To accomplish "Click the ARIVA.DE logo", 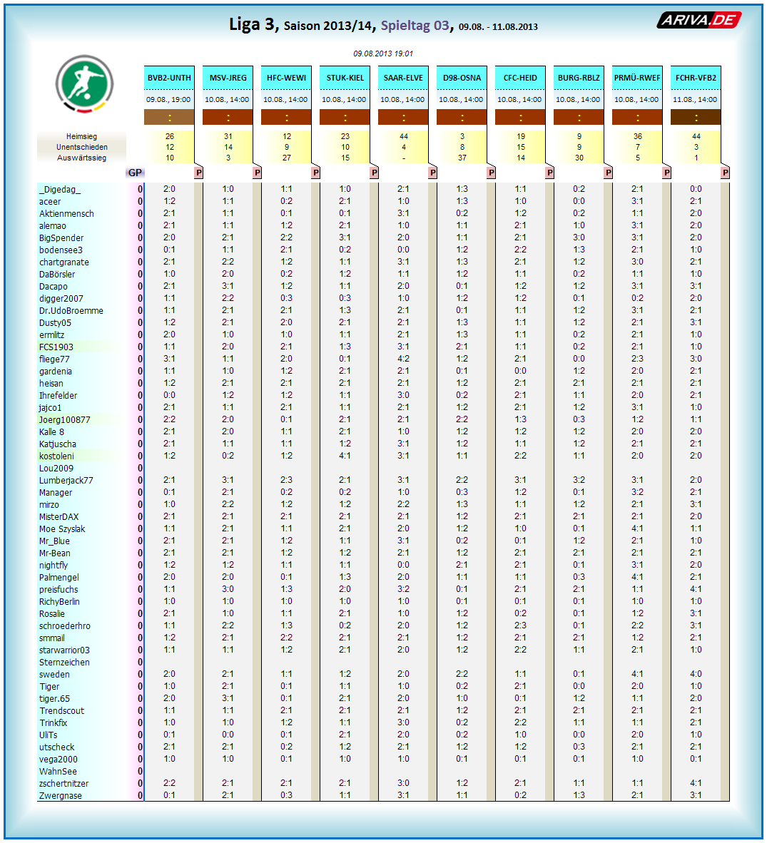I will tap(699, 20).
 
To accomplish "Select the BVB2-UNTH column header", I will tap(169, 78).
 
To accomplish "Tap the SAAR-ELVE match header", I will tap(403, 78).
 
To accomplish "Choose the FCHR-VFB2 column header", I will tap(696, 78).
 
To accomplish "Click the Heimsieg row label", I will tap(81, 136).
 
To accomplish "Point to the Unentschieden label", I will tap(81, 147).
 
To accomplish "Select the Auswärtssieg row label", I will tap(81, 158).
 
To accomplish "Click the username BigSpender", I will tap(61, 238).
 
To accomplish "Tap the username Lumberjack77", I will tap(66, 481).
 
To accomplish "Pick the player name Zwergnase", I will tap(60, 796).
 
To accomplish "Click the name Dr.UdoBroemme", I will tap(71, 311).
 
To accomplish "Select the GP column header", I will tap(135, 173).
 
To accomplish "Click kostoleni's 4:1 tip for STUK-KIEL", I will tap(345, 456).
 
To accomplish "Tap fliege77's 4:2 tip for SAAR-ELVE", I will tap(403, 359).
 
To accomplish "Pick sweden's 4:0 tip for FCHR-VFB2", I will tap(696, 674).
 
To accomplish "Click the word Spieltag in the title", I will tap(404, 26).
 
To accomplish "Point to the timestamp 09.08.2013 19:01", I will tap(383, 53).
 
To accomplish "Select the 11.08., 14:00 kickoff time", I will tap(696, 100).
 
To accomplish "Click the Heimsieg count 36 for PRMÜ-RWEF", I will tap(637, 136).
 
